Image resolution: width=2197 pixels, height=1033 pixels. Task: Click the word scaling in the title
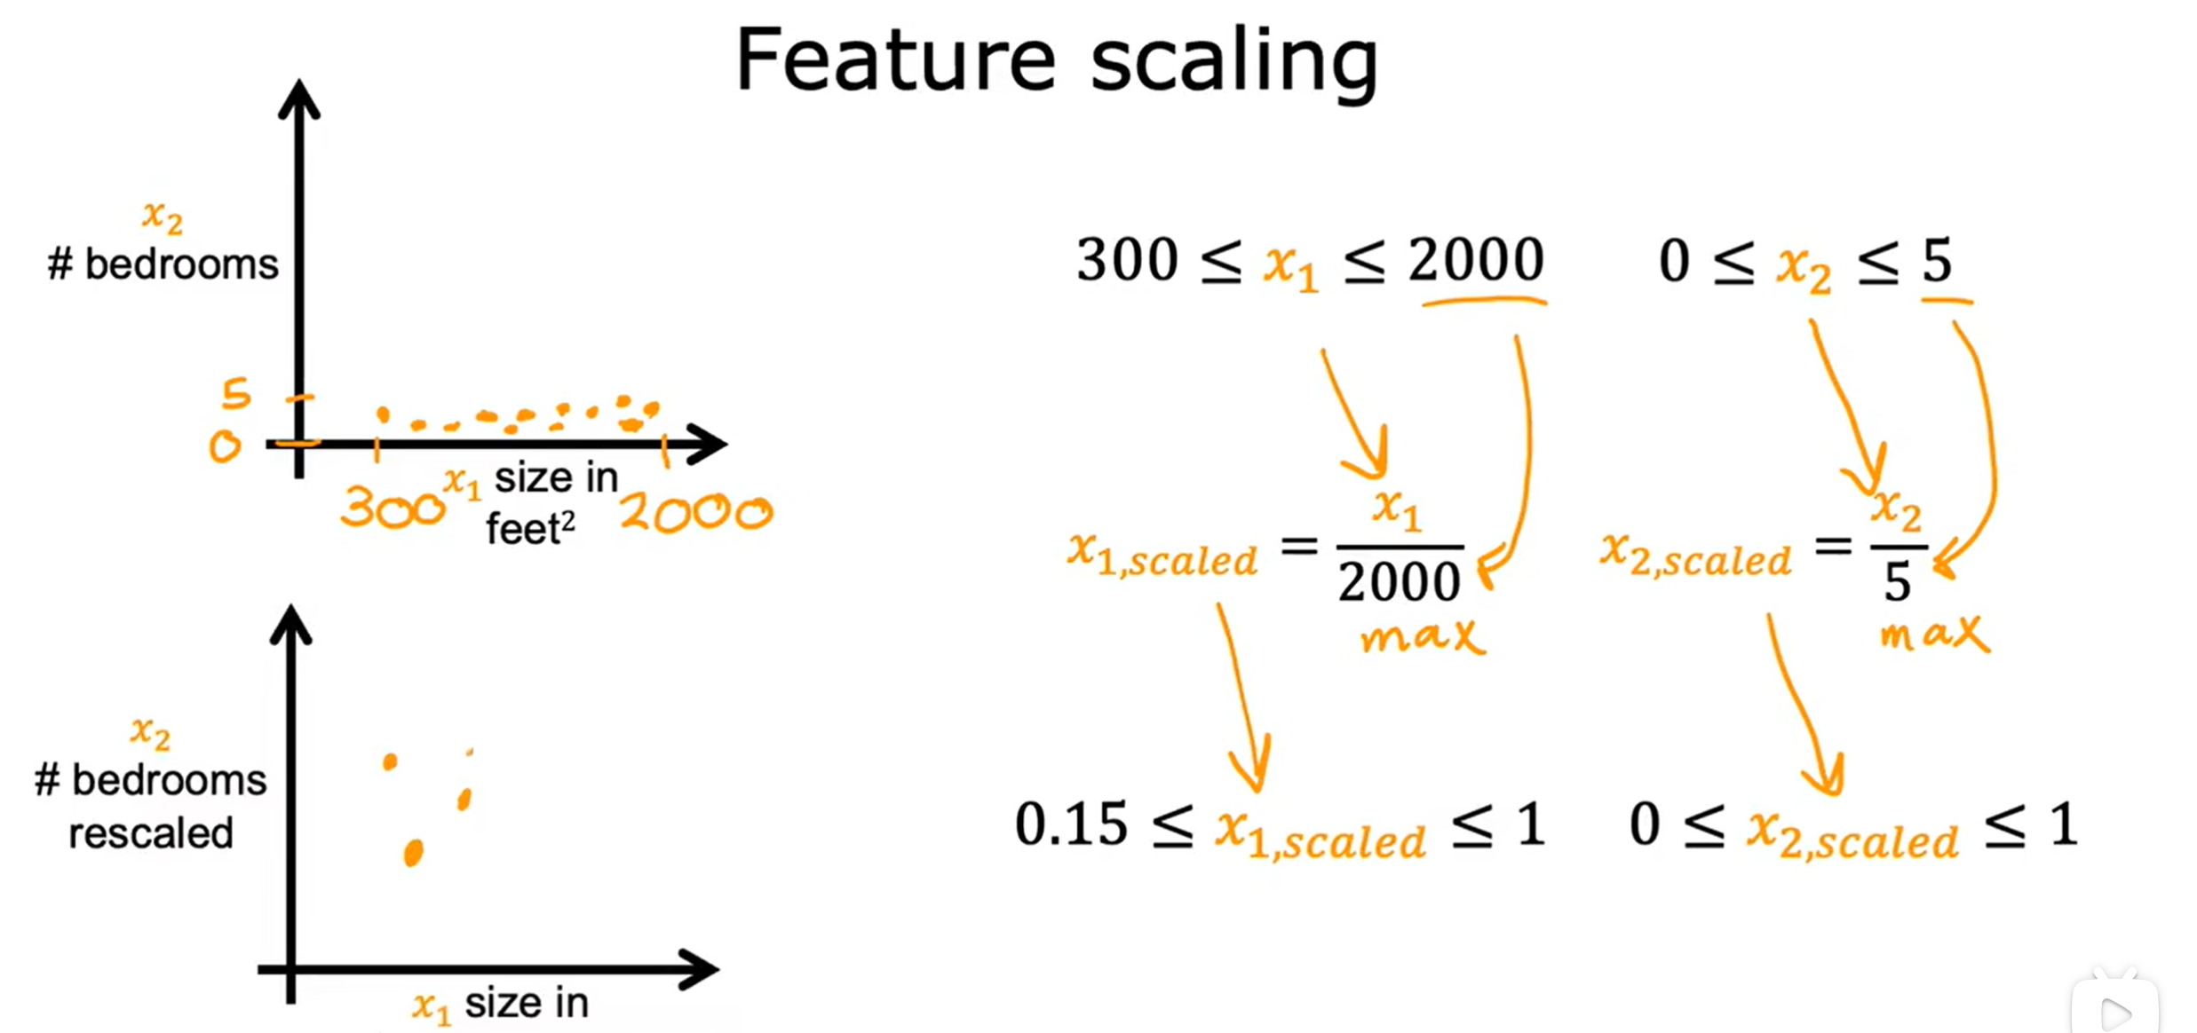tap(1234, 62)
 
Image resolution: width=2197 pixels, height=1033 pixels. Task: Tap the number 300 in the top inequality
tap(1126, 260)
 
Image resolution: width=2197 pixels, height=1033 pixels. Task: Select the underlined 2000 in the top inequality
tap(1476, 260)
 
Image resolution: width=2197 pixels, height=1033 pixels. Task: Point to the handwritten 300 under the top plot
tap(391, 509)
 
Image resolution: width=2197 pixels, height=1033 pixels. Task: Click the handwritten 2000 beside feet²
tap(696, 513)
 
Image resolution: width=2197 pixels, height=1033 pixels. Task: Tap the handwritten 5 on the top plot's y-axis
tap(236, 393)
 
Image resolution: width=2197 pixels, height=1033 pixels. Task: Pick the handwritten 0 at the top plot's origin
tap(225, 446)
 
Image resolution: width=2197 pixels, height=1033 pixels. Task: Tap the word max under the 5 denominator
tap(1934, 634)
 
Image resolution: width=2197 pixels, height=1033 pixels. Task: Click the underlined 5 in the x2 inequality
tap(1938, 261)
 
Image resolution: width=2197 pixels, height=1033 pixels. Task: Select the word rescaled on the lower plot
tap(151, 833)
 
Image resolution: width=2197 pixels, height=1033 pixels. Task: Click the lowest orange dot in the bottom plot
tap(413, 853)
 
